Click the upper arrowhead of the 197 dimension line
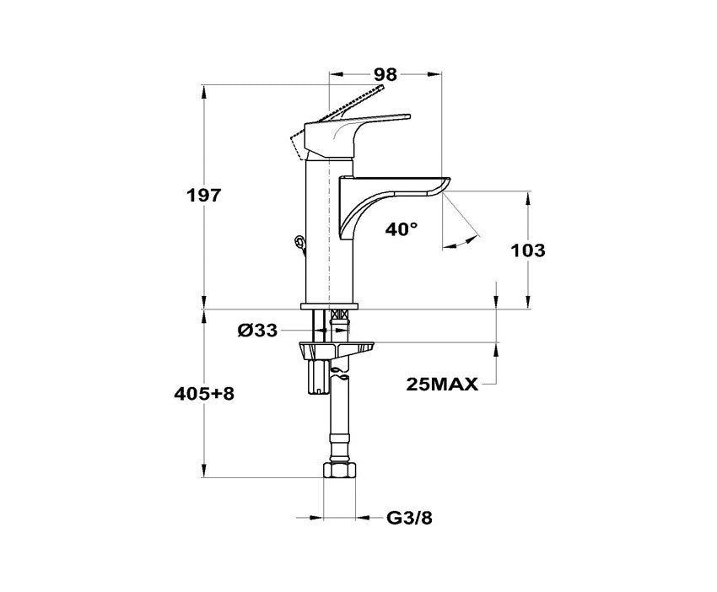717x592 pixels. [x=204, y=90]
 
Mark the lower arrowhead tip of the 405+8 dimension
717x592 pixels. [x=204, y=477]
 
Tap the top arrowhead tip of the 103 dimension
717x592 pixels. [x=528, y=191]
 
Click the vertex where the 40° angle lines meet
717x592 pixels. [x=442, y=191]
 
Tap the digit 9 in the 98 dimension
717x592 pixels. [x=380, y=73]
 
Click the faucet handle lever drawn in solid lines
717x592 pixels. [x=357, y=135]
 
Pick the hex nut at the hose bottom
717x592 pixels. [x=340, y=471]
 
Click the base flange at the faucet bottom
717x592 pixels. [x=329, y=306]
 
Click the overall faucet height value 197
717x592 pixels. [x=204, y=196]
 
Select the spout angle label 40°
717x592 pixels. [x=402, y=229]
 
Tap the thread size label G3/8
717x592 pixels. [x=409, y=519]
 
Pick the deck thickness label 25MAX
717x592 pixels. [x=442, y=385]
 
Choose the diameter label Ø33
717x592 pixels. [x=257, y=330]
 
